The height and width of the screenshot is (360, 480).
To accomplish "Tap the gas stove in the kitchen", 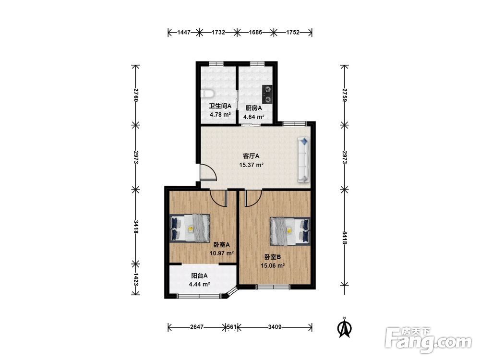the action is click(267, 94).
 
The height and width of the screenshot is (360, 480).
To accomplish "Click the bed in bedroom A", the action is click(190, 228).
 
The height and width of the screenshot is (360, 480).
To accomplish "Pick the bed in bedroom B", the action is click(290, 231).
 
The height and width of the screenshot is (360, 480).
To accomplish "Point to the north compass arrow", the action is click(344, 328).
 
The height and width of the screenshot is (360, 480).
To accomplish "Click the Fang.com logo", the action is click(428, 340).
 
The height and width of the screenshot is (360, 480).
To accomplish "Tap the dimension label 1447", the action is click(184, 32).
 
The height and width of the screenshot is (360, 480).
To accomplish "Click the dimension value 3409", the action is click(275, 327).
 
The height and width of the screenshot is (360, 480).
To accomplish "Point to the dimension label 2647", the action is click(196, 327).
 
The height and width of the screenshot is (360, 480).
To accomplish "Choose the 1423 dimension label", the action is click(136, 279).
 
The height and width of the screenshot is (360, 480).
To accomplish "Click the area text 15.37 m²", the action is click(252, 165).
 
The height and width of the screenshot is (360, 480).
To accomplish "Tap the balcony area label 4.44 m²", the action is click(199, 284).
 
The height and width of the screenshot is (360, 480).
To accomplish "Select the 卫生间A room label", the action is click(220, 106).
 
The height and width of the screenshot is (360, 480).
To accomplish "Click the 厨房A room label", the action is click(254, 108).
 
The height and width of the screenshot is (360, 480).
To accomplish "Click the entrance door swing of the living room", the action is click(208, 172).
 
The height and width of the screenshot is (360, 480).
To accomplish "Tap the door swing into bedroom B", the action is click(253, 198).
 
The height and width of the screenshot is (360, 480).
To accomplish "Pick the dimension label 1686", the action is click(255, 32).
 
